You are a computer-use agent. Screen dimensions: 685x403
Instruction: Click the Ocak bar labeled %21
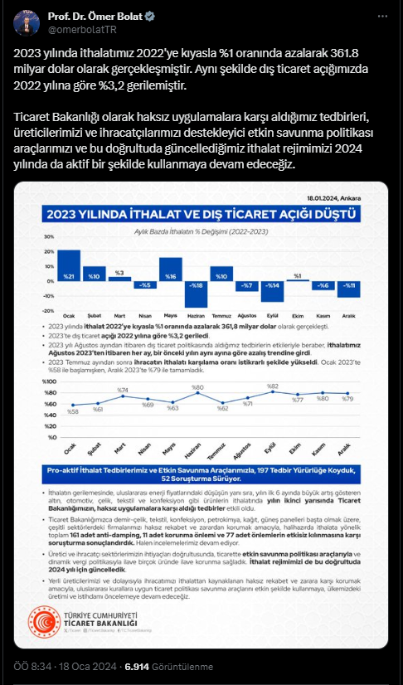tap(69, 265)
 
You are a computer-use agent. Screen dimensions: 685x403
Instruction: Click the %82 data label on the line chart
tap(271, 386)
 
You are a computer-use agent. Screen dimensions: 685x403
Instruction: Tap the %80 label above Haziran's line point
tap(197, 386)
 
